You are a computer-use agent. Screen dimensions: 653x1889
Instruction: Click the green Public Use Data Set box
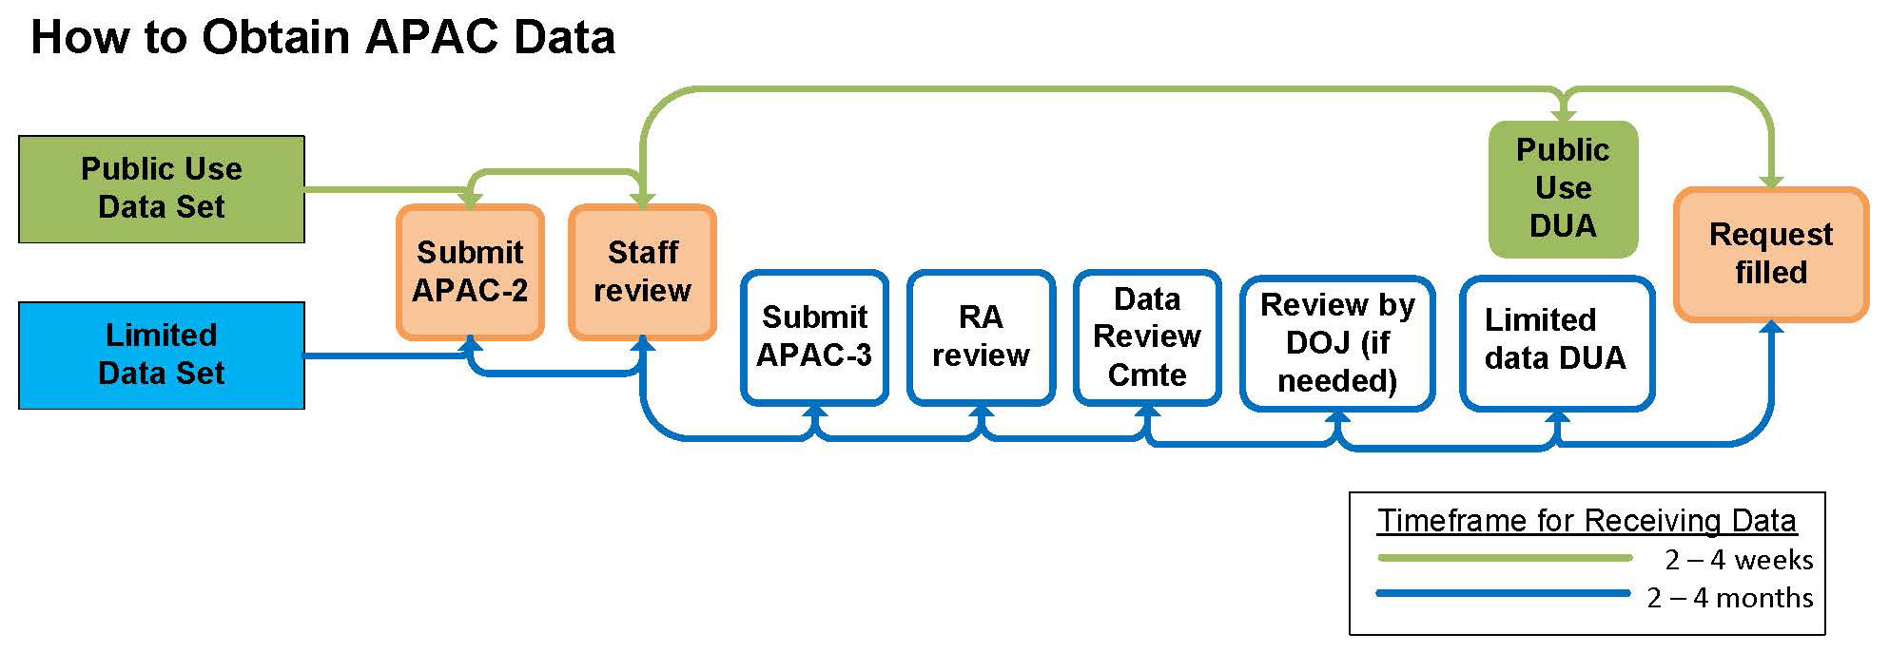[161, 188]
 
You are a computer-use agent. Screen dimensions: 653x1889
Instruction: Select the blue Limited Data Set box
[161, 355]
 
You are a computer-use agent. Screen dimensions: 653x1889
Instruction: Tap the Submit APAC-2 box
[470, 272]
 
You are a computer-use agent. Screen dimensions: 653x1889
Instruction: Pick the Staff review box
[642, 272]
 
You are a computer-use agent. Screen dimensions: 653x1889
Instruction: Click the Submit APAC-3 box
[814, 336]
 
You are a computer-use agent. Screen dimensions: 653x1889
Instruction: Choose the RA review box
[981, 336]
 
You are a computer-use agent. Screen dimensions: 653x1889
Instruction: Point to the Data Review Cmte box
[1147, 336]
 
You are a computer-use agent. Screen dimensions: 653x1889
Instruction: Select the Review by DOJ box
[1337, 343]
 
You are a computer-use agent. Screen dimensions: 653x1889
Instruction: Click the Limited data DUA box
[1557, 343]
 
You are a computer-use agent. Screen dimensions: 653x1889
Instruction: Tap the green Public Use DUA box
[1563, 188]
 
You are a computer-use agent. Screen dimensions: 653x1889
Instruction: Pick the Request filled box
[1770, 254]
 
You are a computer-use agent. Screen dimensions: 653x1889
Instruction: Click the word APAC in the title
[431, 37]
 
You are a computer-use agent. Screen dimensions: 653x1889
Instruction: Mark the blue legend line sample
[1503, 594]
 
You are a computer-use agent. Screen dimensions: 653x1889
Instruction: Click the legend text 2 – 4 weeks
[1739, 560]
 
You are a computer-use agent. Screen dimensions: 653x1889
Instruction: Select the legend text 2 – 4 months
[1730, 598]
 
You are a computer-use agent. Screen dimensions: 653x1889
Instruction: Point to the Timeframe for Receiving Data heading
[1587, 521]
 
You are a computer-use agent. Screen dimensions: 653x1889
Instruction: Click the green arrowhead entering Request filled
[1770, 182]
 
